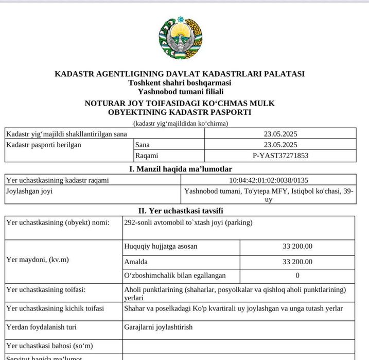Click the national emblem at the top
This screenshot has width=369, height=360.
coord(180,39)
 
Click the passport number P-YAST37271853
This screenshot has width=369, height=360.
coord(280,155)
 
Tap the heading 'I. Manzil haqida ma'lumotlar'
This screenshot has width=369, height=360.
coord(180,169)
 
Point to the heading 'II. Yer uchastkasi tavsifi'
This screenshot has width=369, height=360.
coord(181,211)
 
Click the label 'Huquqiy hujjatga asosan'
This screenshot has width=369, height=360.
coord(161,247)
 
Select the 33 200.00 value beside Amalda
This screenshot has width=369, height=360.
coord(297,262)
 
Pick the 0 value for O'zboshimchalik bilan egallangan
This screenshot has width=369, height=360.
coord(297,276)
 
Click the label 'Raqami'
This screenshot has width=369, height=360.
coord(147,155)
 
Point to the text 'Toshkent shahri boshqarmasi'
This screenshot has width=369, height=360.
coord(180,82)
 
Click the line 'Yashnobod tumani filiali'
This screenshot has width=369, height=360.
coord(180,91)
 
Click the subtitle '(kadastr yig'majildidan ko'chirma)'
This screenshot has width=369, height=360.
coord(180,123)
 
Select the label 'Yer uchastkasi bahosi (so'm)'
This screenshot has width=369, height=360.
coord(49,346)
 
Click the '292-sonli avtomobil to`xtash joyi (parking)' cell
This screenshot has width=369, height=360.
coord(188,223)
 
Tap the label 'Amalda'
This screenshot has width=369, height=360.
coord(136,262)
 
